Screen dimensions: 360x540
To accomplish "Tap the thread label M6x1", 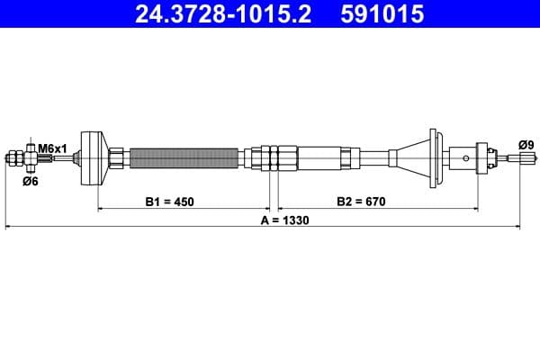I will pos(50,147).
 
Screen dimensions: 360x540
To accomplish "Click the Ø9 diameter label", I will pos(526,144).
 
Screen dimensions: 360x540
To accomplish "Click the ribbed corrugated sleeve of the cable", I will pos(185,158).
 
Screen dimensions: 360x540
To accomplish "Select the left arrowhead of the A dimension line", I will pos(9,228).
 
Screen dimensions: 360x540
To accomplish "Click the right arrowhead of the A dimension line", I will pos(518,228).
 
